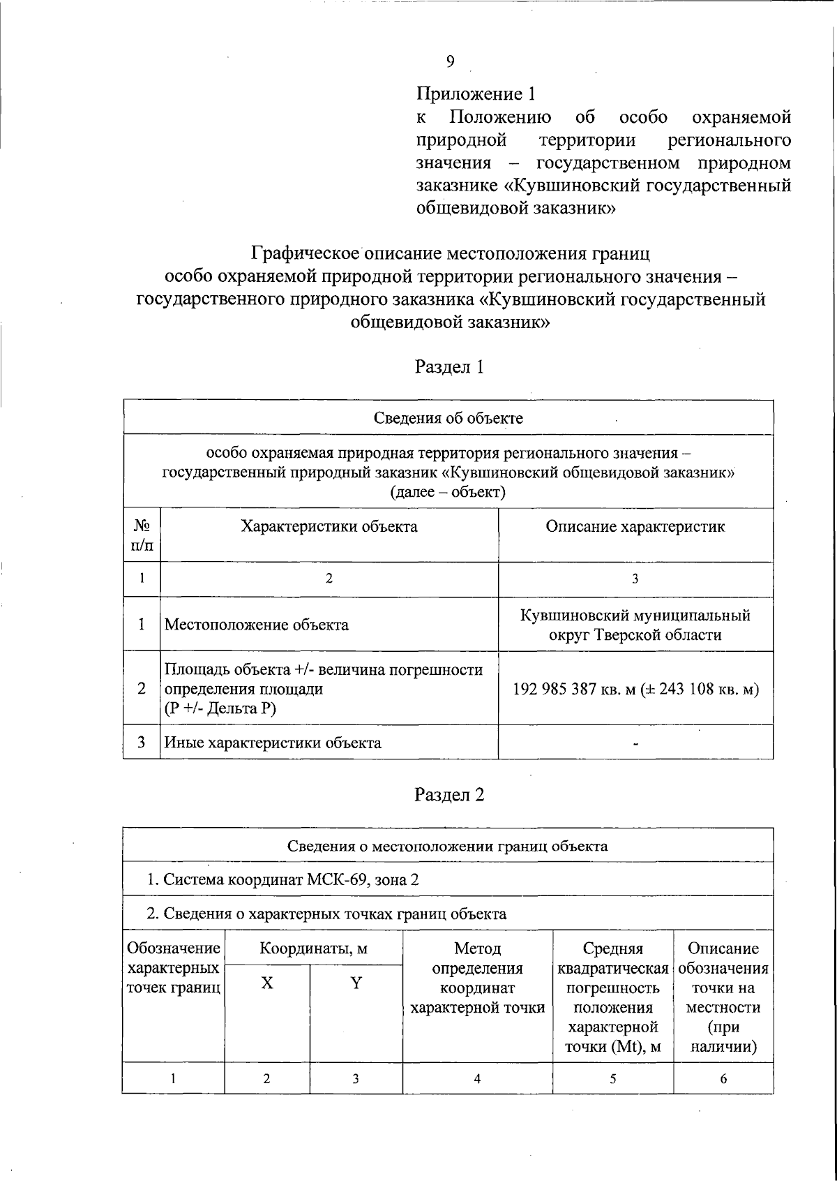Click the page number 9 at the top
(x=450, y=61)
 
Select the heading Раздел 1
(x=449, y=367)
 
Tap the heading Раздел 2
(x=449, y=795)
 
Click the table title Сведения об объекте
(x=448, y=418)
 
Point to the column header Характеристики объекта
(x=329, y=526)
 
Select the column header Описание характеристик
(x=635, y=526)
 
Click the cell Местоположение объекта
(x=257, y=625)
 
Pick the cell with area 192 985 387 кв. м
(x=635, y=690)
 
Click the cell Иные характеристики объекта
(x=273, y=743)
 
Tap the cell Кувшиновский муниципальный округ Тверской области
(x=635, y=625)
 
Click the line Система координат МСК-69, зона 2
(x=282, y=879)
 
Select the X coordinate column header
(x=267, y=983)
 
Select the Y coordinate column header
(x=356, y=983)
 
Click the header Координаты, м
(x=313, y=948)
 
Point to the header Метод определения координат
(x=477, y=978)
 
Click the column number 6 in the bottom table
(x=723, y=1078)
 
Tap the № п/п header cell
(x=142, y=535)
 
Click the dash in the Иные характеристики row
(x=635, y=744)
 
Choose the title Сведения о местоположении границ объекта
(x=448, y=846)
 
